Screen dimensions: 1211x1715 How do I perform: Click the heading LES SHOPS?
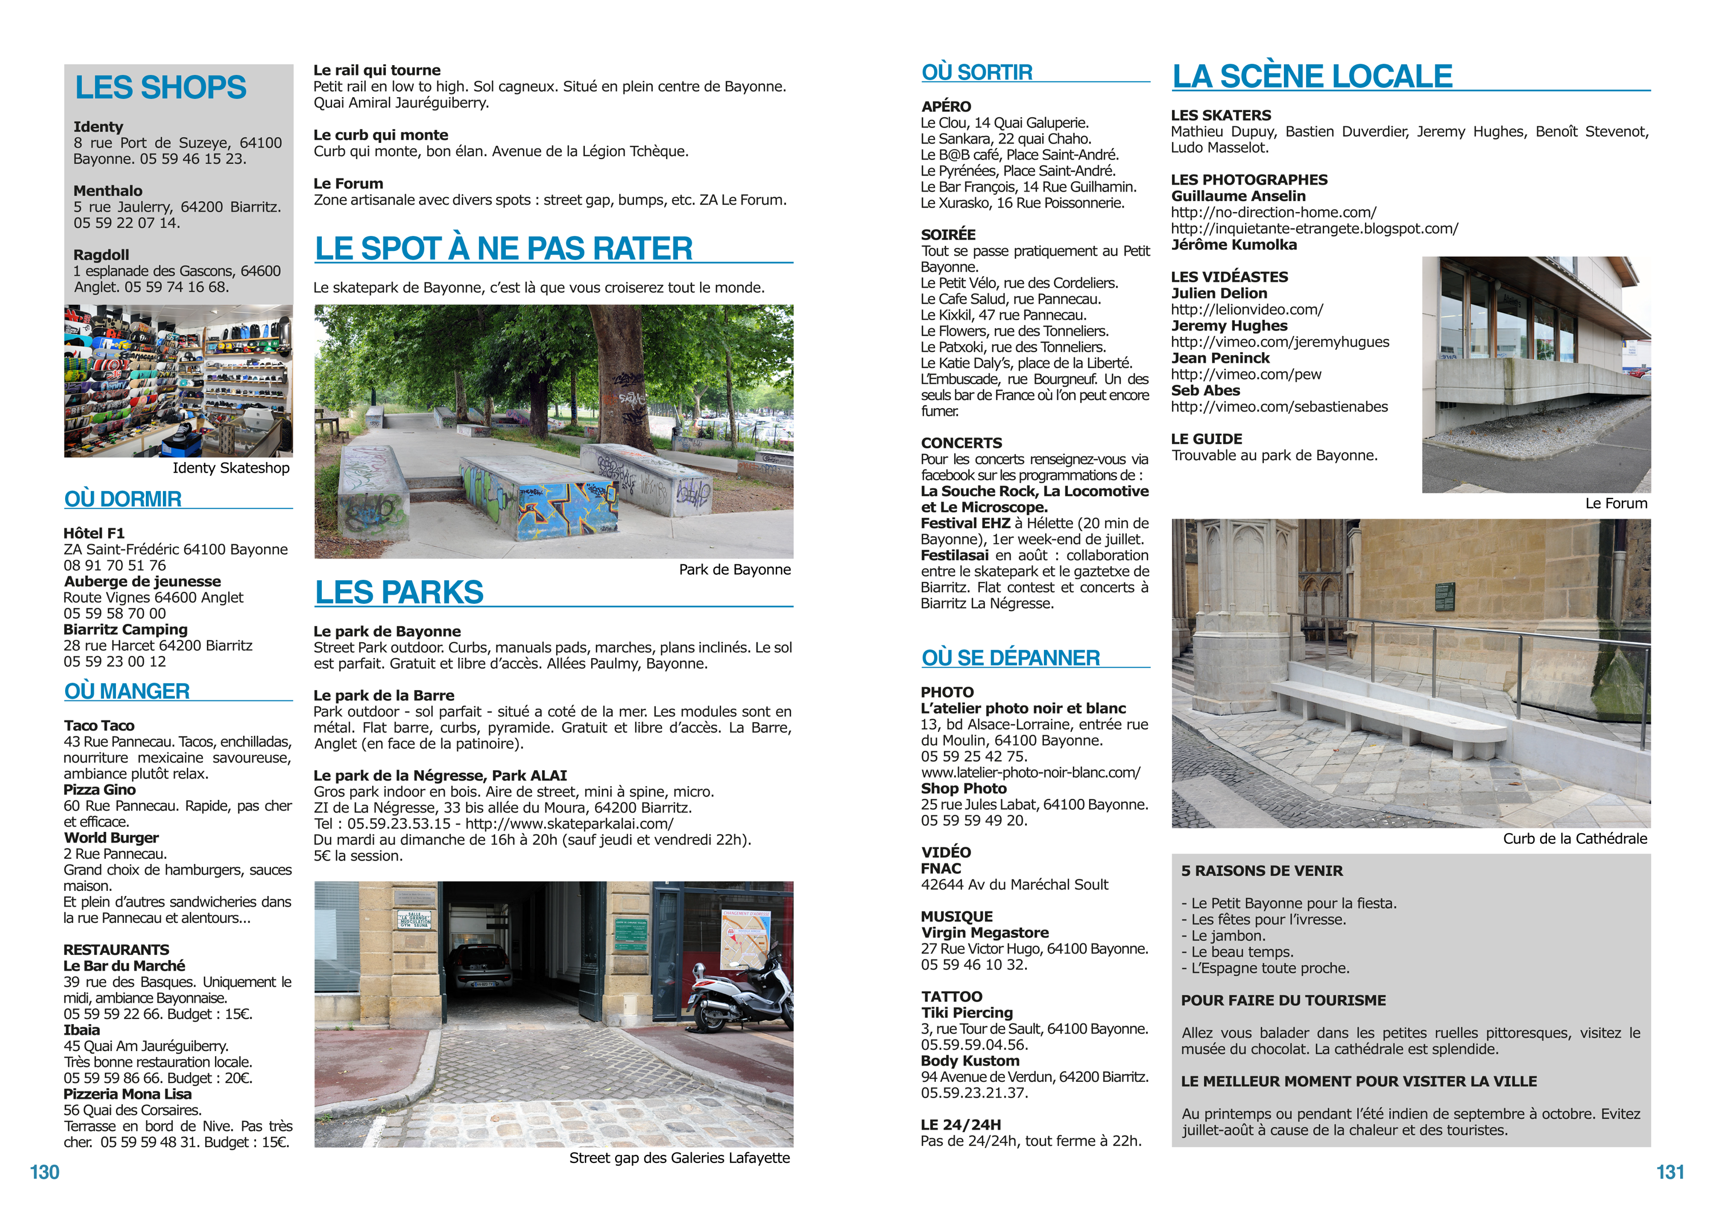[161, 87]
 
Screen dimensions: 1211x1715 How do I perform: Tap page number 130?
[44, 1172]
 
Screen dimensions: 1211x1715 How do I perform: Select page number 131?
[1670, 1172]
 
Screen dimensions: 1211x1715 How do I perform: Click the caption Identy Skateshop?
[231, 468]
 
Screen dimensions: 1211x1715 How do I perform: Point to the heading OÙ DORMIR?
[123, 499]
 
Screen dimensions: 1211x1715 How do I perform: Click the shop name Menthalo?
[107, 190]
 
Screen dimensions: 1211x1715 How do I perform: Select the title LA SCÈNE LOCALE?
[1313, 76]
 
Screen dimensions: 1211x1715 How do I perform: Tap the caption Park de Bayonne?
[734, 569]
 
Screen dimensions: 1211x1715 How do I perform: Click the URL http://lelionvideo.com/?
[1247, 309]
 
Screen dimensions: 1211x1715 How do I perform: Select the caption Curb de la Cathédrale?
[1574, 838]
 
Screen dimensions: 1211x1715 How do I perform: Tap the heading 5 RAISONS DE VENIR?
[1262, 870]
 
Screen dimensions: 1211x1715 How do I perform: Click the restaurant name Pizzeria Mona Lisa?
[127, 1094]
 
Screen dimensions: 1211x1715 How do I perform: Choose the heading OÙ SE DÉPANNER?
[1011, 658]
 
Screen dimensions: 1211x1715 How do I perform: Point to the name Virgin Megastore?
[984, 933]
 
